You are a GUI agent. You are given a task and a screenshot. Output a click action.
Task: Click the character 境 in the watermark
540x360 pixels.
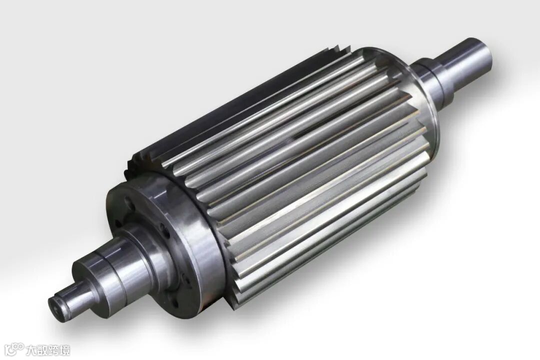pyautogui.click(x=64, y=350)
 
